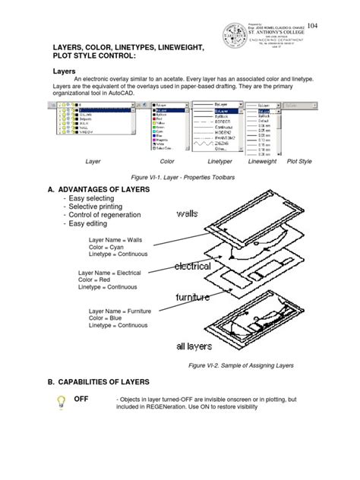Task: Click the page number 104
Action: (333, 24)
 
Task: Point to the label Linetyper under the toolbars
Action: (219, 162)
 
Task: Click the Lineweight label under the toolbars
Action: (262, 162)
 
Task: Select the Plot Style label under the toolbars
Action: (299, 162)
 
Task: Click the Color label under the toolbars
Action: (167, 162)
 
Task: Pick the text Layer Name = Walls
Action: (115, 239)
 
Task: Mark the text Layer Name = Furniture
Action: (121, 311)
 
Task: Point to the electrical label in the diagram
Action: (193, 267)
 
